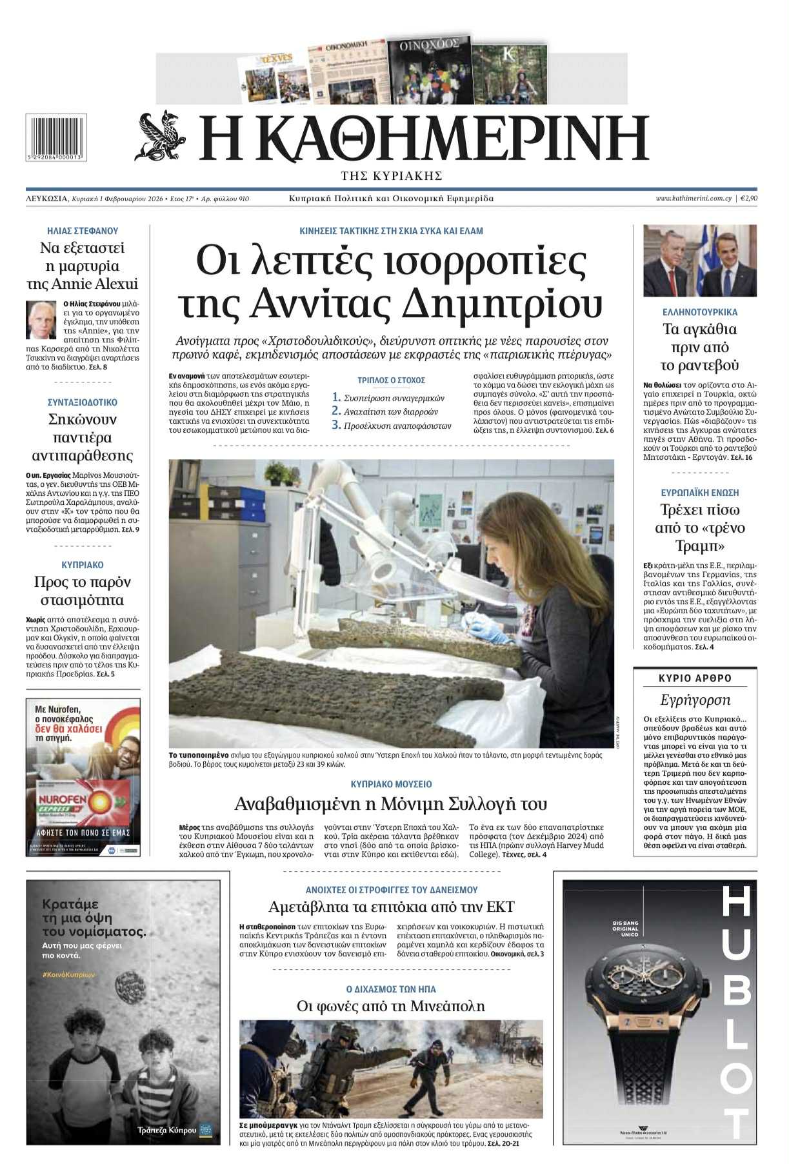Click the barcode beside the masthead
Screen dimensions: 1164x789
click(x=56, y=137)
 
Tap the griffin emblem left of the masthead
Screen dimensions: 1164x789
click(x=161, y=135)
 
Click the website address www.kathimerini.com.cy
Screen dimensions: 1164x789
click(x=693, y=199)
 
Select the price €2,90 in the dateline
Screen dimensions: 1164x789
click(x=748, y=199)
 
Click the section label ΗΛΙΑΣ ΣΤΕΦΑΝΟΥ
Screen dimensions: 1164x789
click(x=83, y=231)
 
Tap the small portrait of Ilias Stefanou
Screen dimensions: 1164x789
click(x=41, y=319)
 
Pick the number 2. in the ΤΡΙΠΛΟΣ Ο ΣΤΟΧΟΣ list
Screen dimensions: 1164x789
click(x=336, y=411)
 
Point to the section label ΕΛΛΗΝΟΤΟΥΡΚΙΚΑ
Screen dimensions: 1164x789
click(x=699, y=312)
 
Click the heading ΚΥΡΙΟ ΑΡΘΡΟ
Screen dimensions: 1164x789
click(x=695, y=678)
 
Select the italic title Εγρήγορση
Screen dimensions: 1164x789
click(x=695, y=700)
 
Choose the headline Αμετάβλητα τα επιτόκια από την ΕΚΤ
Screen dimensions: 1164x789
click(x=391, y=907)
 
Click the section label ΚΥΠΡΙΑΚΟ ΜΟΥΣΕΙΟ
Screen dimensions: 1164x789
click(x=391, y=784)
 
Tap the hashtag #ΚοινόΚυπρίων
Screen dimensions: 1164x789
click(x=71, y=974)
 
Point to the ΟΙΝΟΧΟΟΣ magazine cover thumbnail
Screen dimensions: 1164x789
click(x=429, y=71)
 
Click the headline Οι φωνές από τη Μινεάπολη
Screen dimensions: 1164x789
click(x=391, y=1006)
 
